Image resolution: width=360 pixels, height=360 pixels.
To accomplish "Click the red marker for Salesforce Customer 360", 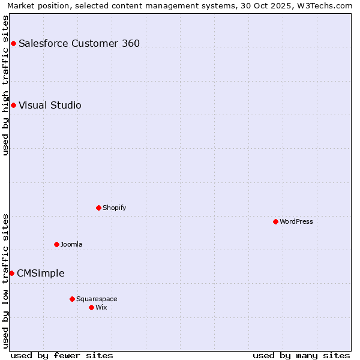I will [x=13, y=43].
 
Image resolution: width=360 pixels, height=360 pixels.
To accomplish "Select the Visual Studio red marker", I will [x=13, y=106].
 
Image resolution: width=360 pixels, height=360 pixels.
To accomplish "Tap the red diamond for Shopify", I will [x=98, y=208].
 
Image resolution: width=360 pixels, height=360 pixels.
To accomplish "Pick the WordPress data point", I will [x=275, y=221].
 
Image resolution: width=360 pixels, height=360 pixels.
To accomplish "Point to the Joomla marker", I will [x=56, y=244].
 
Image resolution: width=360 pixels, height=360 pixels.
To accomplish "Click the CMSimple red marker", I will [x=11, y=273].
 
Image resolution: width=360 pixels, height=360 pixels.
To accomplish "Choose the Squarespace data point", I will [x=72, y=299].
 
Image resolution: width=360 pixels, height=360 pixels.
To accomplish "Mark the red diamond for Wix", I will [x=91, y=307].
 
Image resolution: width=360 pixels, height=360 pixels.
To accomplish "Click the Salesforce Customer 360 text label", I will [x=79, y=43].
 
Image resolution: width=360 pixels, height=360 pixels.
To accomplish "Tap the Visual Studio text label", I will [x=50, y=106].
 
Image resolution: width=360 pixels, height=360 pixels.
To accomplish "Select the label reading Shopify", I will [x=114, y=208].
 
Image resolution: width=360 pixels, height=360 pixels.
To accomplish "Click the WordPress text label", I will [x=296, y=221].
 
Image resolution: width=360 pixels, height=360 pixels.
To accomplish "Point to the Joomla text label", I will [x=71, y=244].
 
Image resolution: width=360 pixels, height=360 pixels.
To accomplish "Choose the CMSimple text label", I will [x=40, y=274].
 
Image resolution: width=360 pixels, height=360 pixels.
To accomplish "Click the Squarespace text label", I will [x=97, y=299].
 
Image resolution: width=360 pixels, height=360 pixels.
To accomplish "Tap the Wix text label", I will [x=101, y=307].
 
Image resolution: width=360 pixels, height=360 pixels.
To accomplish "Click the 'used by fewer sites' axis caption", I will [x=62, y=355].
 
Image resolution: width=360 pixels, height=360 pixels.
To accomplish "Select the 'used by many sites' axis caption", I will [x=301, y=355].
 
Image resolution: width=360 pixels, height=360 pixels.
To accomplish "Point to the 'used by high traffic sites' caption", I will [x=5, y=85].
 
